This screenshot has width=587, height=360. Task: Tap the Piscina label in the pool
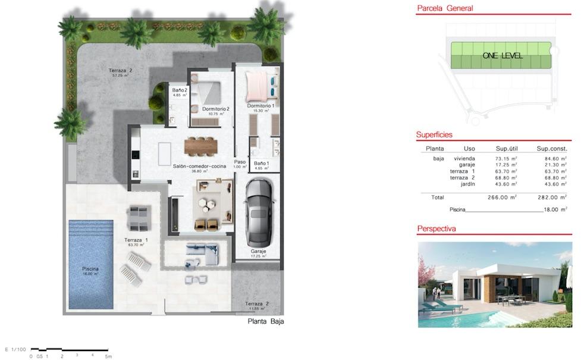[x=90, y=269]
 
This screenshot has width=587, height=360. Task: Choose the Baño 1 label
[x=262, y=163]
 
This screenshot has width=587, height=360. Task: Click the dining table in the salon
[x=202, y=144]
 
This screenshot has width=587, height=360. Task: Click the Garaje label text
[x=258, y=252]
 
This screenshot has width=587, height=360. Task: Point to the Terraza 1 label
[x=136, y=240]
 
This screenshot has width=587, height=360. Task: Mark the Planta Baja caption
[x=265, y=321]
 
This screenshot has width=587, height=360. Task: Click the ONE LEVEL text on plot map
[x=503, y=55]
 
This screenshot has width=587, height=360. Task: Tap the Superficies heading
[x=434, y=135]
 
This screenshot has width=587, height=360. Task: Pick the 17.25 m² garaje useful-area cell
[x=506, y=165]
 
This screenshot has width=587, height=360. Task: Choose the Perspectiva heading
[x=437, y=228]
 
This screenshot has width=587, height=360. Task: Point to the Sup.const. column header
[x=552, y=149]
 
